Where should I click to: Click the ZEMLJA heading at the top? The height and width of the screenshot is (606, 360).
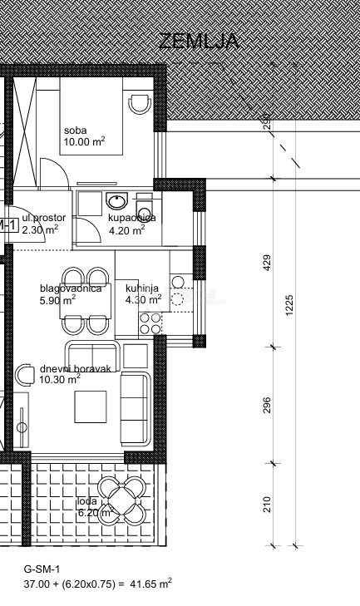click(x=199, y=41)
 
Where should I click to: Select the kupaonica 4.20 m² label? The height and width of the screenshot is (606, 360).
click(x=131, y=224)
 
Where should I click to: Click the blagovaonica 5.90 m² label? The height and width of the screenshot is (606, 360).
click(x=70, y=294)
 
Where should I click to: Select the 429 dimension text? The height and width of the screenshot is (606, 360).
click(x=268, y=264)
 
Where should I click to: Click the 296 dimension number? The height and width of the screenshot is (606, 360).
click(x=268, y=405)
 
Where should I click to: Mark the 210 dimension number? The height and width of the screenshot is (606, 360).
click(x=268, y=504)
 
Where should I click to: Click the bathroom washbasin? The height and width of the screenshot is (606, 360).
click(x=117, y=203)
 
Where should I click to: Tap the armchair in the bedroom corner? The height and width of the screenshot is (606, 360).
click(x=140, y=105)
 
